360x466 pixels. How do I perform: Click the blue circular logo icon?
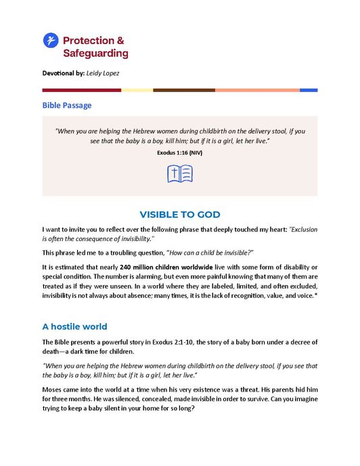[51, 41]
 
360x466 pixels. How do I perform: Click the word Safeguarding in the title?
[95, 53]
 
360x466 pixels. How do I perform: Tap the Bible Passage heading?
[67, 106]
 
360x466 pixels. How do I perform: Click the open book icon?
[180, 173]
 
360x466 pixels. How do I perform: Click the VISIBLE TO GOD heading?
[179, 215]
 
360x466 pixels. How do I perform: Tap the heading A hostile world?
[80, 326]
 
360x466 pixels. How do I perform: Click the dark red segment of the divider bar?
[81, 90]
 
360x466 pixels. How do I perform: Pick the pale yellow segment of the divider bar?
[137, 90]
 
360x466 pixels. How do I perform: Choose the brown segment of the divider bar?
[183, 90]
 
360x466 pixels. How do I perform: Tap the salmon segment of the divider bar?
[257, 90]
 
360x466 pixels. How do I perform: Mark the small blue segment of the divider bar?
[309, 90]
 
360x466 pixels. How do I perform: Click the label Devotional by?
[64, 72]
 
